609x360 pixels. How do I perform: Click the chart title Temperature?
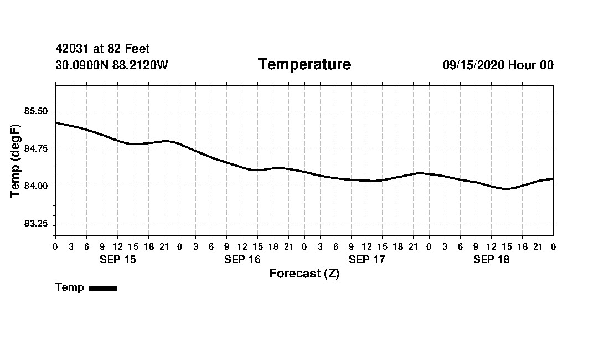(304, 65)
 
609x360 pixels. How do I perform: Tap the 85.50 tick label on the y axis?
(36, 111)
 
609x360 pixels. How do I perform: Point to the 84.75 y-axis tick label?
(36, 148)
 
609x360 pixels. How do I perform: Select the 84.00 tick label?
(36, 186)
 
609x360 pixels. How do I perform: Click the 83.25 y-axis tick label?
(36, 223)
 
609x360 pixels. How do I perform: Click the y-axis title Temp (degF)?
(16, 161)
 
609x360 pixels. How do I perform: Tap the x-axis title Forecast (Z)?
(304, 274)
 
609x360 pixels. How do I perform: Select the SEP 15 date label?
(117, 260)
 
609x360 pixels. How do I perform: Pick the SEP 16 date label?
(242, 260)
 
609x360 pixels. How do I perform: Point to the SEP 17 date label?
(367, 260)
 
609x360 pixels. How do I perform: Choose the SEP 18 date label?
(491, 260)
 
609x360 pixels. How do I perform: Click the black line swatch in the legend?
(103, 288)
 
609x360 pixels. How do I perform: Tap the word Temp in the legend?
(70, 287)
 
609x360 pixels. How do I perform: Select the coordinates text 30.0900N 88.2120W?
(112, 65)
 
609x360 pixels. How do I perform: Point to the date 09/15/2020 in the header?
(473, 65)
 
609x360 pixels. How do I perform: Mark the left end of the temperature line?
(56, 123)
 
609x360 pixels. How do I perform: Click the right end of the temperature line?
(553, 178)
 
